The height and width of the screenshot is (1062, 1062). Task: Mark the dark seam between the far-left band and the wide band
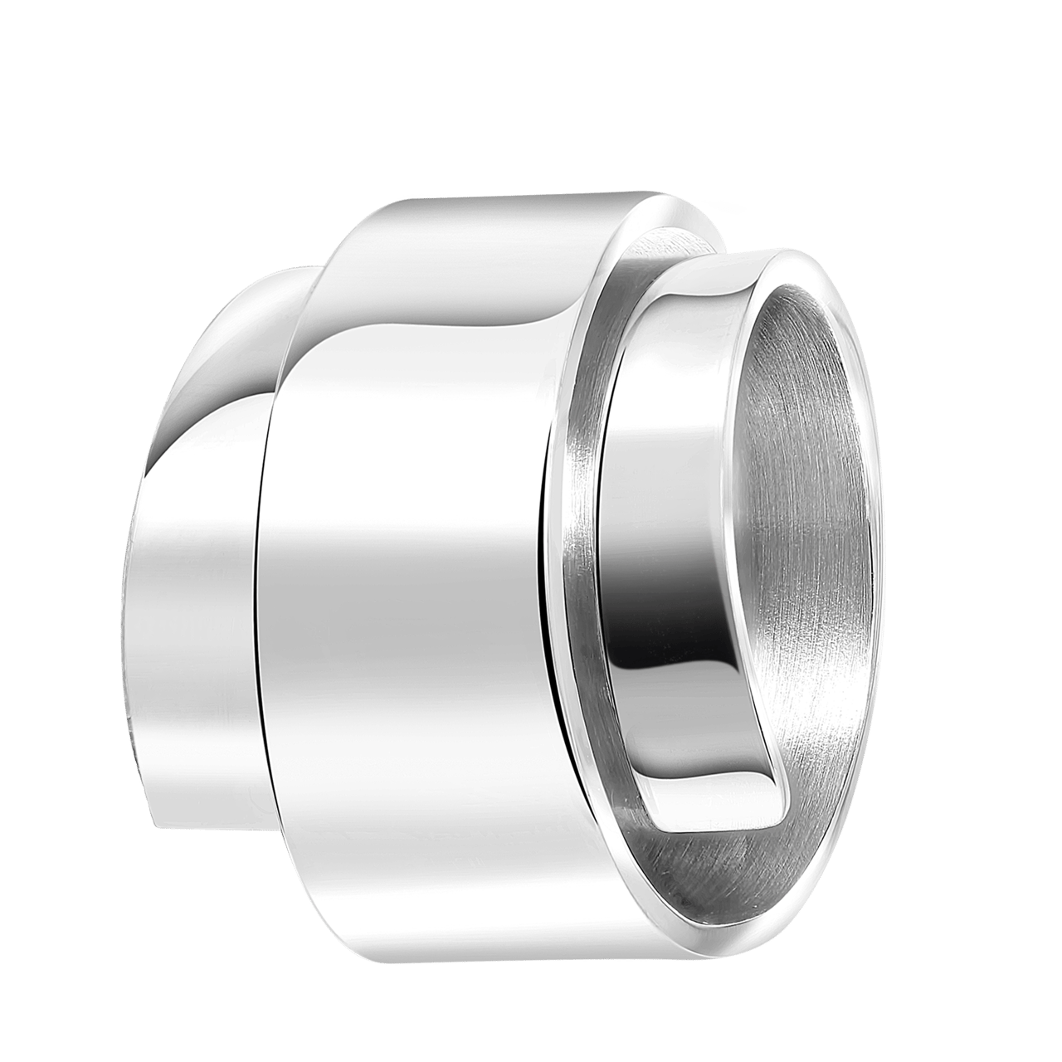pyautogui.click(x=258, y=581)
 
